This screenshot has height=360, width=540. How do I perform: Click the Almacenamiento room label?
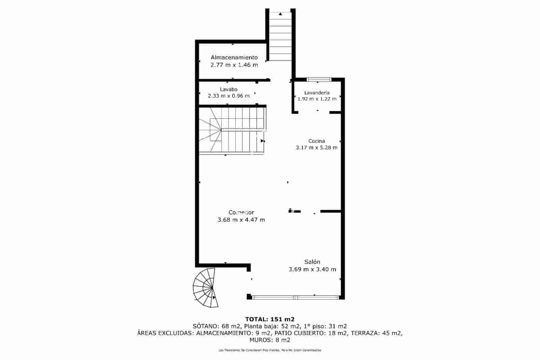tap(234, 57)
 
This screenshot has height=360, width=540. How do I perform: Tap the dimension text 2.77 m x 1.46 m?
tap(234, 65)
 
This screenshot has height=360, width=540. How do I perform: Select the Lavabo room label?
tap(228, 89)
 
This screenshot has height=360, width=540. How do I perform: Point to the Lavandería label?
tap(317, 92)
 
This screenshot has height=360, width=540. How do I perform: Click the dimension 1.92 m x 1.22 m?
tap(317, 99)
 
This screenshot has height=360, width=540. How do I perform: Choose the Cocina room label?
tap(316, 141)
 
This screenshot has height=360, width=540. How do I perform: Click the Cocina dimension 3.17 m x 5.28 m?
tap(316, 147)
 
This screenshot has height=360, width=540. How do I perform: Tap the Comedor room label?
tap(241, 212)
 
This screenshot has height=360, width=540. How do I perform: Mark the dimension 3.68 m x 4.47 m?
tap(241, 220)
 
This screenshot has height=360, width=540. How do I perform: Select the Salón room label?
tap(312, 262)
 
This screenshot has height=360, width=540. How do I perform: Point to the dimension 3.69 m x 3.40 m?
tap(312, 269)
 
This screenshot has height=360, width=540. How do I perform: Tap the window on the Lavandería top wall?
tap(319, 80)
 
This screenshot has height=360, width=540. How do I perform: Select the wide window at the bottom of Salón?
tap(295, 298)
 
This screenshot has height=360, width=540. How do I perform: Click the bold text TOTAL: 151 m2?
tap(270, 319)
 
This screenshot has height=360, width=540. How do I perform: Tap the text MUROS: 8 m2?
tap(270, 340)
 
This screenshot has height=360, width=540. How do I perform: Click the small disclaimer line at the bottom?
tap(270, 350)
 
